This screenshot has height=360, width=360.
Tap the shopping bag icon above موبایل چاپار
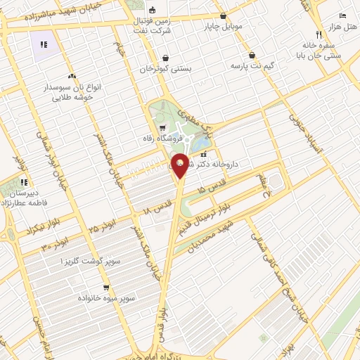(224, 16)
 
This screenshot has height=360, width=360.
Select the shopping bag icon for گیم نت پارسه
(252, 56)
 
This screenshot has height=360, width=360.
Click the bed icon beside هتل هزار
(342, 15)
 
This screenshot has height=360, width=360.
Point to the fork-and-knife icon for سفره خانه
(319, 34)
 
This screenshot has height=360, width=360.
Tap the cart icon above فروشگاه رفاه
(163, 128)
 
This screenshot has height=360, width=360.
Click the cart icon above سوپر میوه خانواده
(106, 287)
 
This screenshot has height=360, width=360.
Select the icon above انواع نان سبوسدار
(71, 75)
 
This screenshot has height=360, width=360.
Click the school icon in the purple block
(44, 44)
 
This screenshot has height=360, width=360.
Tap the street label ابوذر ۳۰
(54, 244)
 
